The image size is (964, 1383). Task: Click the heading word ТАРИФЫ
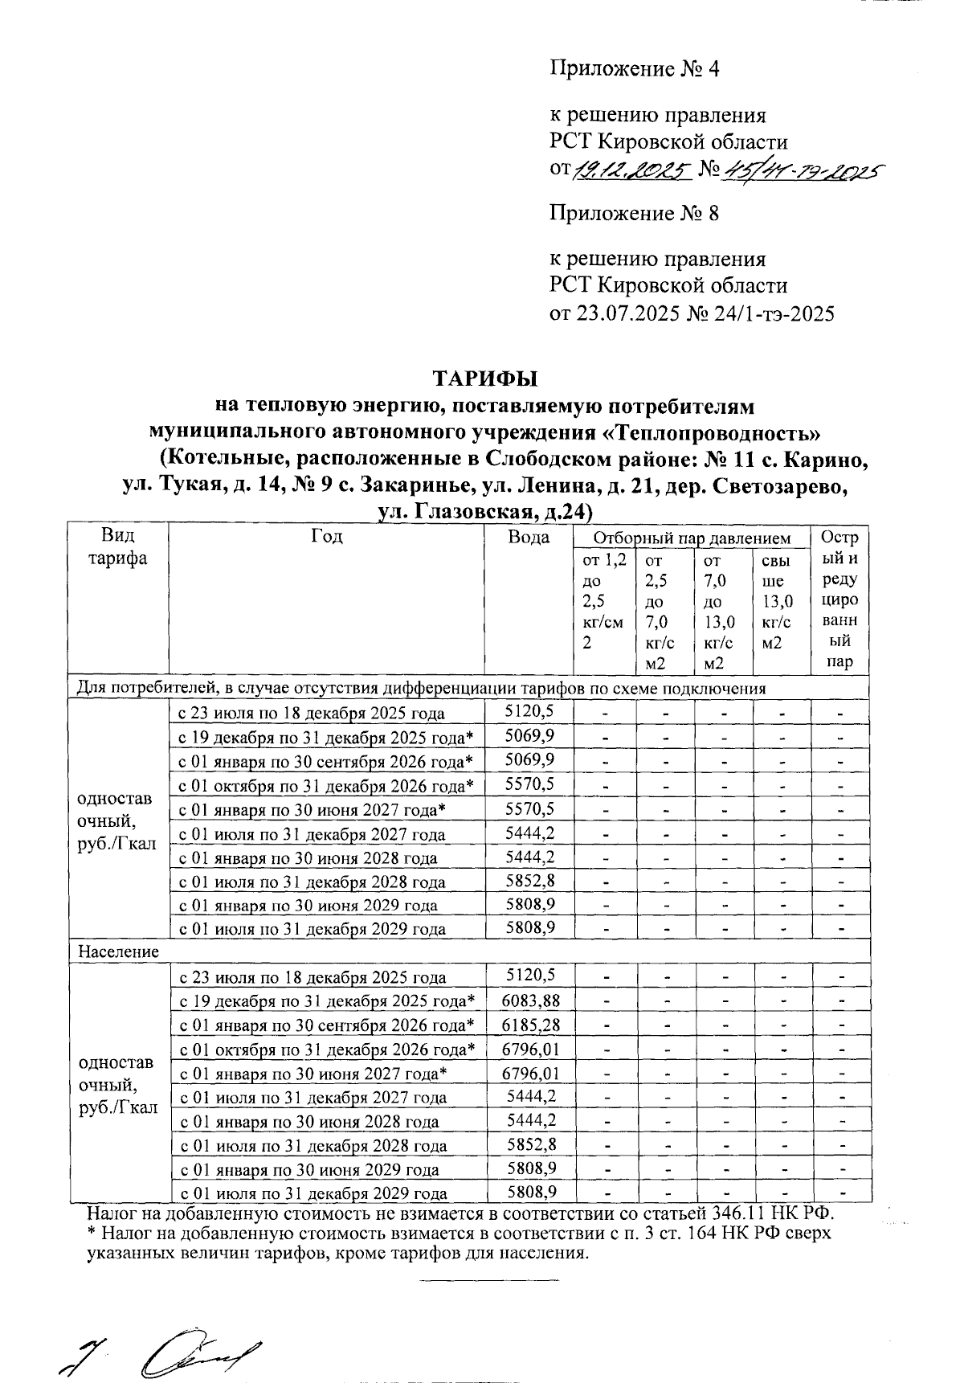[x=485, y=378]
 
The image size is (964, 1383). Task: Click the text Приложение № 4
[x=634, y=69]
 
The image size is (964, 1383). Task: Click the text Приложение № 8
[x=634, y=214]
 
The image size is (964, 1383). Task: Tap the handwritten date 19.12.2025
[x=631, y=170]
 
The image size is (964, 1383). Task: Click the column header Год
[x=326, y=537]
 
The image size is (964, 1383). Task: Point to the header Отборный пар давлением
[x=692, y=538]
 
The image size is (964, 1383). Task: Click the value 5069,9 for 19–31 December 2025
[x=529, y=736]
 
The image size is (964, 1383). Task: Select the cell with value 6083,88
[x=529, y=1000]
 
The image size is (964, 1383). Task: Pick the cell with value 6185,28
[x=529, y=1025]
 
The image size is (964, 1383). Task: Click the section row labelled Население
[x=118, y=951]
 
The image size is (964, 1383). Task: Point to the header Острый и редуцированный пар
[x=839, y=600]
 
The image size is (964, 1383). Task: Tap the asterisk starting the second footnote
[x=92, y=1233]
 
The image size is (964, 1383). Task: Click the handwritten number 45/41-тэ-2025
[x=803, y=170]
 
